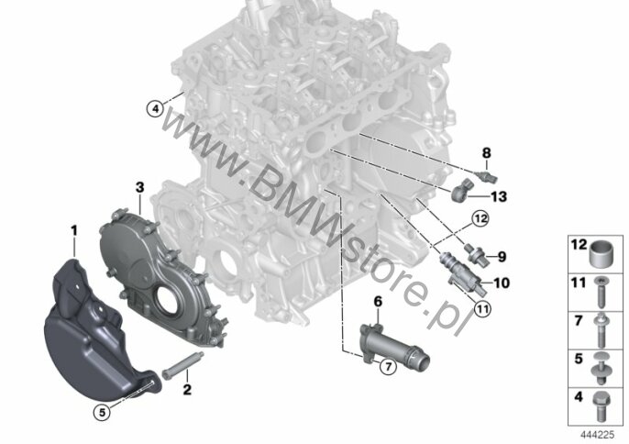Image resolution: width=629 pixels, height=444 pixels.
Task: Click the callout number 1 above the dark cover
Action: [73, 230]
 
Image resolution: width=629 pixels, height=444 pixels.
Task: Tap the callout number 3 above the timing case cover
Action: [139, 187]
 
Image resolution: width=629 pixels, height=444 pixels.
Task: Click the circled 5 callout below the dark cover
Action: [102, 412]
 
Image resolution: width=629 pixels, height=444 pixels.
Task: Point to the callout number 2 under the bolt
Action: [187, 389]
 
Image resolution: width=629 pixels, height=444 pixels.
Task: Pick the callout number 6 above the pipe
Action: [379, 302]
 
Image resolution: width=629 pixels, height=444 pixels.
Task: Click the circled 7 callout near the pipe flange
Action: [388, 366]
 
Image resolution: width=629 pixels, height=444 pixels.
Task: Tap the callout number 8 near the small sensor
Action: [486, 153]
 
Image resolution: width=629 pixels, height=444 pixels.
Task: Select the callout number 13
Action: [499, 196]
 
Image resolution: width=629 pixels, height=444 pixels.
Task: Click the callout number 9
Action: [502, 257]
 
